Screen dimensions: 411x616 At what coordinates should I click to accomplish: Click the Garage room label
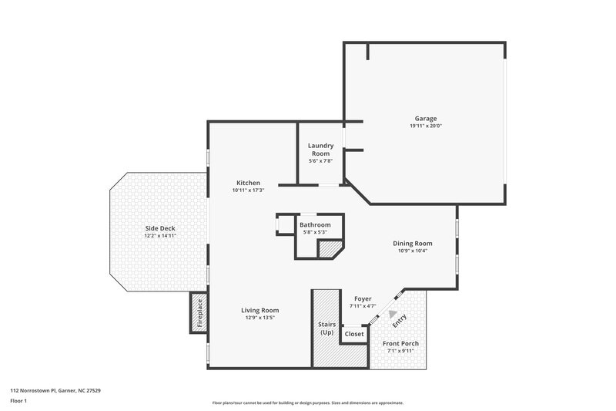(426, 118)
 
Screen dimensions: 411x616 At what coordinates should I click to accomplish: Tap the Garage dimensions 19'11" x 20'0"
(426, 126)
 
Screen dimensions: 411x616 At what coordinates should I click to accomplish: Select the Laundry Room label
(320, 149)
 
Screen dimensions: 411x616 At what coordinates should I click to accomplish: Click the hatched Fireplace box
(199, 314)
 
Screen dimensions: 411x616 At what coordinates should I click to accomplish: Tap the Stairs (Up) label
(326, 328)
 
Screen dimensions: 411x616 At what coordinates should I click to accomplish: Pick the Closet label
(354, 334)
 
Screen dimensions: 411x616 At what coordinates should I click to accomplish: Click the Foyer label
(363, 298)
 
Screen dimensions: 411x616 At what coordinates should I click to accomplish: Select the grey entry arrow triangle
(393, 314)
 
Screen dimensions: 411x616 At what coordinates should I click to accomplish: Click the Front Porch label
(400, 343)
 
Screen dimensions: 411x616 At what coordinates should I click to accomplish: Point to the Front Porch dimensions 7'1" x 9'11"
(400, 351)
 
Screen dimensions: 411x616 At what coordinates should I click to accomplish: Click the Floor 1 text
(18, 402)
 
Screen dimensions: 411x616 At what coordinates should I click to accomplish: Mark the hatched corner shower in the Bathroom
(331, 248)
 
